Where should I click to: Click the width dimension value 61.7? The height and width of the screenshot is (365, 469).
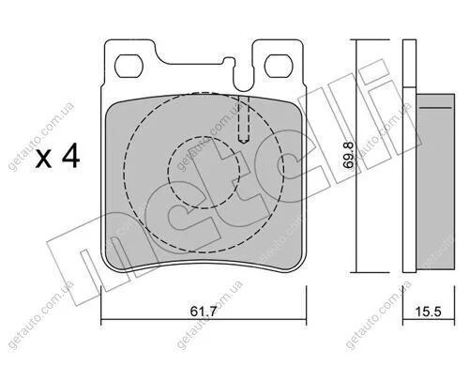pos(204,312)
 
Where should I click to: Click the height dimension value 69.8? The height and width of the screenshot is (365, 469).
pos(349,155)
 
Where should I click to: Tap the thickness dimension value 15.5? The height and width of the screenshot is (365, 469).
pos(428,312)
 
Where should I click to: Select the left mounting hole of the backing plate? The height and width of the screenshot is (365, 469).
pos(129,66)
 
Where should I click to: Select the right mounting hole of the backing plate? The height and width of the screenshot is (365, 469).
pos(278,66)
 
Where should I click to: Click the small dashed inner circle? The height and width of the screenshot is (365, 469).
pos(204,173)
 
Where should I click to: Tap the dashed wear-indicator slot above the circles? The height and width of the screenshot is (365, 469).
pos(244,119)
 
